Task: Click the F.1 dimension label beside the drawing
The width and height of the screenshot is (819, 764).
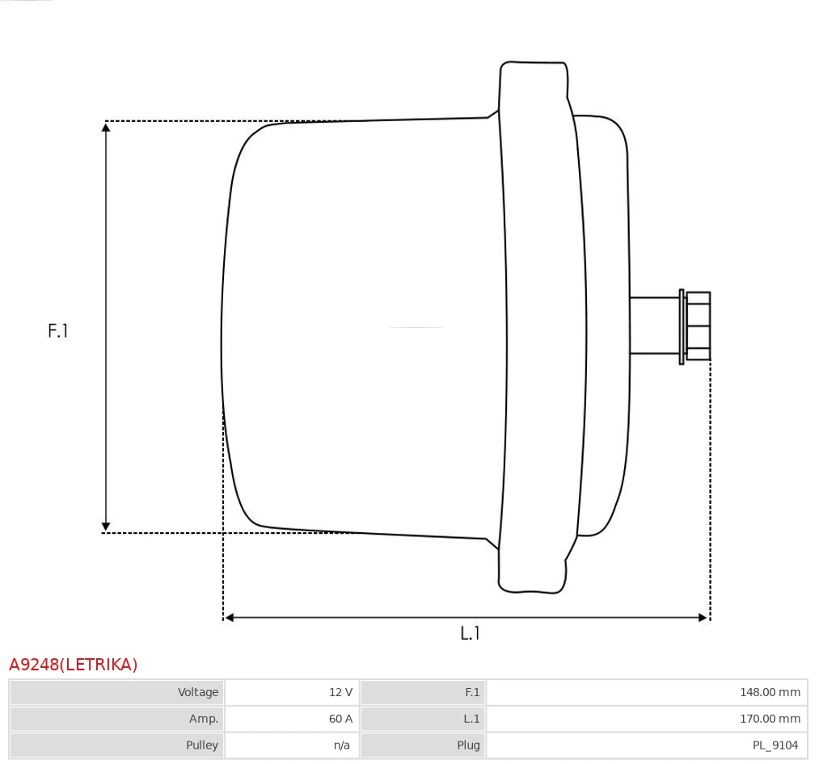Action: pos(57,330)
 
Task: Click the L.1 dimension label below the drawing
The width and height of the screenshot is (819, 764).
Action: pos(470,633)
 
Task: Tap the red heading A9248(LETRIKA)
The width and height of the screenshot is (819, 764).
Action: pos(73,665)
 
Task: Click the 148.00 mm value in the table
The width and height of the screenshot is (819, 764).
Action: pos(770,692)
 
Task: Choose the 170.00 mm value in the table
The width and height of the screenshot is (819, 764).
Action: pos(770,719)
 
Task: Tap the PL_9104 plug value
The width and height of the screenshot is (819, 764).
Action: pos(775,745)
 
